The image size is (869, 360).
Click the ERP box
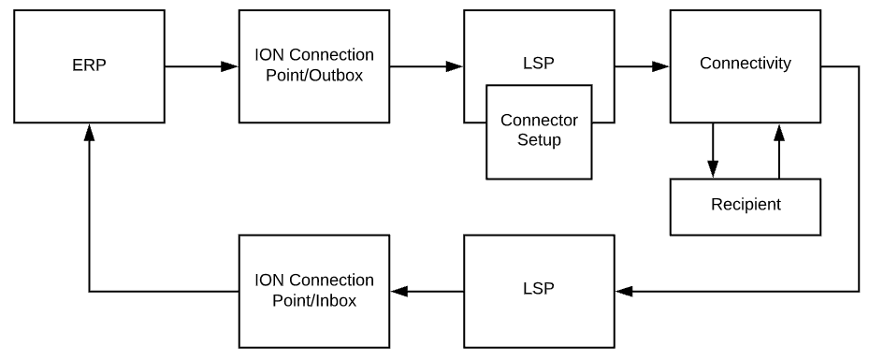pos(89,66)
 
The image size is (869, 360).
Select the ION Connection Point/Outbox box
pos(313,66)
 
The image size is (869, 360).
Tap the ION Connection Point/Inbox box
pos(313,291)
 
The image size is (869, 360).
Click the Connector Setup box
pos(539,131)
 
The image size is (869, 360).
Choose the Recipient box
pos(745,205)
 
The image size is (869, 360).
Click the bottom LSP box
pos(539,291)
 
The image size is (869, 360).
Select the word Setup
pos(539,140)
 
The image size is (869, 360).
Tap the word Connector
pos(539,122)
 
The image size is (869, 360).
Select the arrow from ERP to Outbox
pos(201,66)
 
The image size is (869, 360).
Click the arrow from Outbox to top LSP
pos(426,66)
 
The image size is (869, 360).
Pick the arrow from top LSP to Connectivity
pos(642,66)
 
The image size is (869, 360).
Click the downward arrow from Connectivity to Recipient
pos(713,150)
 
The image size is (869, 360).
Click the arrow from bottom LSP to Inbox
pos(427,292)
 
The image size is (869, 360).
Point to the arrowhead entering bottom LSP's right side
pos(624,292)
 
